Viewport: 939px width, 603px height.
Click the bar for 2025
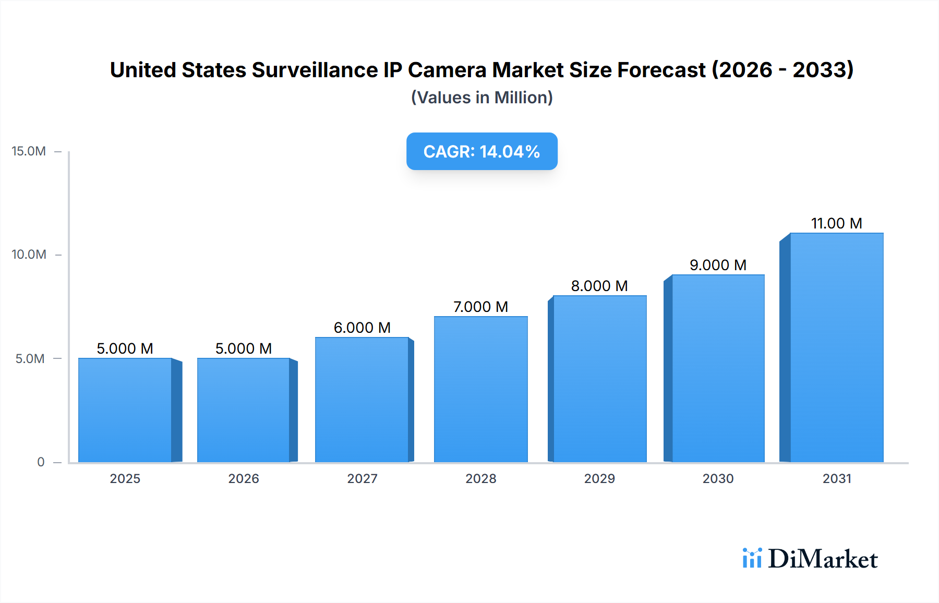[125, 410]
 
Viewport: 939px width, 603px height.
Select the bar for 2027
[362, 400]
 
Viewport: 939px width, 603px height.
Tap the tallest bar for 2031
[837, 347]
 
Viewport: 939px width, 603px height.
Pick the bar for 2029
[600, 379]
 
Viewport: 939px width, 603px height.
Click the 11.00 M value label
[836, 223]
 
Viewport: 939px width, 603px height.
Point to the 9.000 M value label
[718, 265]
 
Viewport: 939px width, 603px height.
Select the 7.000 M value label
[480, 307]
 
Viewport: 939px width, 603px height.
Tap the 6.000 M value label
[362, 328]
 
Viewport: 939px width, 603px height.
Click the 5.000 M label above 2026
[244, 348]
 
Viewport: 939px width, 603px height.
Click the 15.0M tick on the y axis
[29, 151]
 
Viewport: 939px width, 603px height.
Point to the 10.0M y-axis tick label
[29, 255]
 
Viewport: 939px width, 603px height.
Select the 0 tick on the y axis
[41, 462]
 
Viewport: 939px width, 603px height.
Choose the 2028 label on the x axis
[480, 478]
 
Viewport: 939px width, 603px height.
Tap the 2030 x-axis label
[718, 478]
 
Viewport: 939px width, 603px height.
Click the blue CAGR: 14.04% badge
[481, 151]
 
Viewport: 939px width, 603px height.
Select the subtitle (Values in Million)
[481, 98]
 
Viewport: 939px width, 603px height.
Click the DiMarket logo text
[823, 559]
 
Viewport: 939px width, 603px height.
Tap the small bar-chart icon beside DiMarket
[752, 558]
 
